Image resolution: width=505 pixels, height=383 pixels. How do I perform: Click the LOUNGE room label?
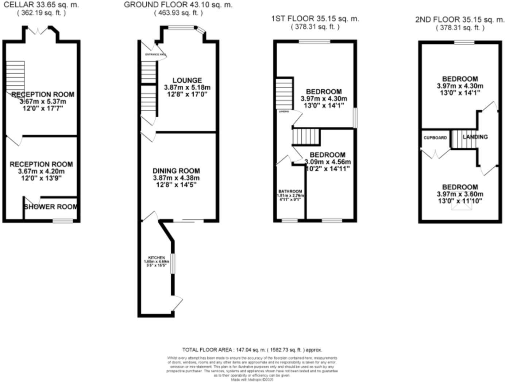(x=187, y=81)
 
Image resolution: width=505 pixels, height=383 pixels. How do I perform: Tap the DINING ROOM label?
(x=176, y=171)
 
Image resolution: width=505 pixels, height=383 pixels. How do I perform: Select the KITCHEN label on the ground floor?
(x=156, y=258)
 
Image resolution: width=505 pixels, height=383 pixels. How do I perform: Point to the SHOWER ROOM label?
(x=51, y=207)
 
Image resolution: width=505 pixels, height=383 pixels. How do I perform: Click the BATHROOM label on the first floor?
(x=290, y=192)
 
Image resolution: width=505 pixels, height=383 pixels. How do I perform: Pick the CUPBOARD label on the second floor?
(x=435, y=138)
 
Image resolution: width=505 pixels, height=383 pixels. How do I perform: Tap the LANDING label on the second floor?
(x=475, y=137)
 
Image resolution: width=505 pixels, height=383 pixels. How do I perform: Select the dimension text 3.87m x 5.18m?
(x=187, y=88)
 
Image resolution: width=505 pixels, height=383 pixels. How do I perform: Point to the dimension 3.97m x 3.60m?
(x=460, y=194)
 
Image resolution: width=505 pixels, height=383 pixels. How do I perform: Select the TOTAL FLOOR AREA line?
(x=252, y=350)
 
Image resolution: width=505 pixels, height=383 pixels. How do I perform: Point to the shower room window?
(x=62, y=220)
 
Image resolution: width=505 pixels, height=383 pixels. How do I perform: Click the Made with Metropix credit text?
(x=252, y=379)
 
